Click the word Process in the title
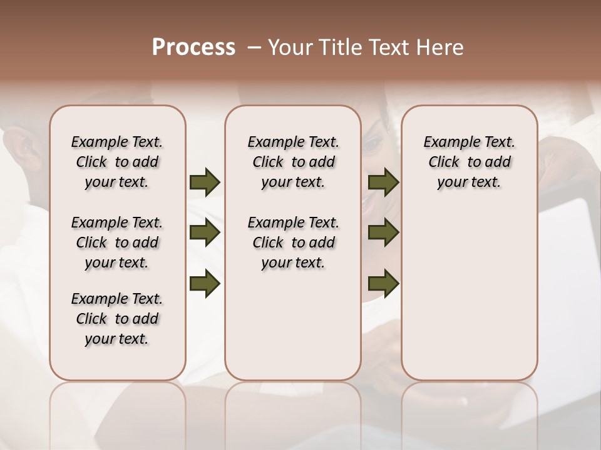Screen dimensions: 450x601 [x=193, y=47]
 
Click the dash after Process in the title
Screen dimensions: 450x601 [x=254, y=47]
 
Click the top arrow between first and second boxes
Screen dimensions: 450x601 [x=205, y=182]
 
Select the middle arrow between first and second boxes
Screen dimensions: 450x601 [x=205, y=233]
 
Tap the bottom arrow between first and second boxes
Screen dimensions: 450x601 [x=205, y=284]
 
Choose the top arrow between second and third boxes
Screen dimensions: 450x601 [x=383, y=182]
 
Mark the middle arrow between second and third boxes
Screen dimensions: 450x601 [x=383, y=233]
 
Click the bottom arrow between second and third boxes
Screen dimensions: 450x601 [x=383, y=284]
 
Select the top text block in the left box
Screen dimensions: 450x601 [x=117, y=162]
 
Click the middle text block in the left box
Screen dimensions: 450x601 [x=117, y=242]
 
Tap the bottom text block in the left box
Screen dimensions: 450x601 [x=117, y=319]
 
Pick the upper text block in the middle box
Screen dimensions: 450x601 [x=293, y=162]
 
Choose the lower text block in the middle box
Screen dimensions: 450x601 [x=293, y=242]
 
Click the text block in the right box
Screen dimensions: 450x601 [x=470, y=162]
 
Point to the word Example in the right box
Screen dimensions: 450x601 [x=447, y=142]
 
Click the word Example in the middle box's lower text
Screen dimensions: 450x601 [x=271, y=223]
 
